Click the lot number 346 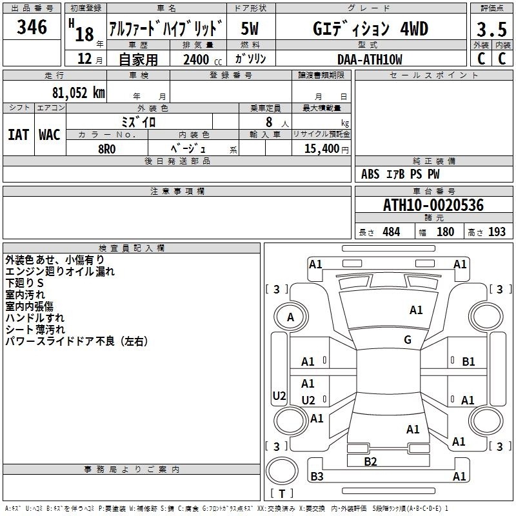click(32, 27)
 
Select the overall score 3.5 click(490, 29)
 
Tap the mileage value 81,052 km click(75, 93)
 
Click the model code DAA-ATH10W click(369, 60)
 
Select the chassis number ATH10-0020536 click(433, 206)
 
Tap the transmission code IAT click(18, 134)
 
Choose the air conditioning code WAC click(50, 134)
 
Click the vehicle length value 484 click(391, 232)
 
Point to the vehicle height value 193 click(497, 232)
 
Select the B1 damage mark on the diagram click(468, 362)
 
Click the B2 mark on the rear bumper click(370, 461)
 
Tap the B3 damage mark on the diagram click(317, 477)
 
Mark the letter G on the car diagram click(408, 340)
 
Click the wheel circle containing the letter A click(290, 317)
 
